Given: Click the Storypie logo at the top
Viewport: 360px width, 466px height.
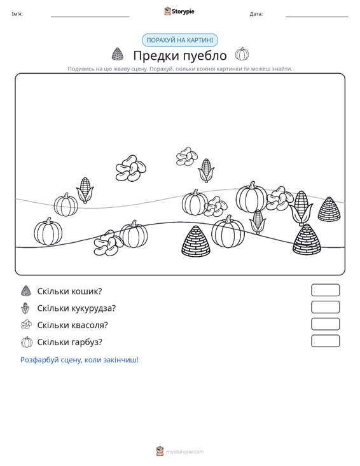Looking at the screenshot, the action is (179, 11).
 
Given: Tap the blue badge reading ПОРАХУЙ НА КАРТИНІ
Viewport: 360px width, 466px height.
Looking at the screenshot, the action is (180, 40).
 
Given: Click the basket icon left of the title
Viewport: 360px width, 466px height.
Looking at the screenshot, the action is (118, 54).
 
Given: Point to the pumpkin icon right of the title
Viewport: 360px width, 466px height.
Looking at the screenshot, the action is (242, 54).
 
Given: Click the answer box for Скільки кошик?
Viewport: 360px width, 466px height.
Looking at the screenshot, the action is (325, 290).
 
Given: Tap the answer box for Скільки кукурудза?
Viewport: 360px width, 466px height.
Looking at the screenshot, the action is (325, 307).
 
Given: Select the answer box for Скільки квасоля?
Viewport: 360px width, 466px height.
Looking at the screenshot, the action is (325, 324).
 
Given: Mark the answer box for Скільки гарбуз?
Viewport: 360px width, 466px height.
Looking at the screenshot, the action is (325, 341).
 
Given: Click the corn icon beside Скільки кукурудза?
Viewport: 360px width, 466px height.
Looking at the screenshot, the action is (25, 308).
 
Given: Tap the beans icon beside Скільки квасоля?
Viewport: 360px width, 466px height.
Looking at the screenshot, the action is (26, 324).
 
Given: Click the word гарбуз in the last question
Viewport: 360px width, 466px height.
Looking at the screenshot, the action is (85, 342).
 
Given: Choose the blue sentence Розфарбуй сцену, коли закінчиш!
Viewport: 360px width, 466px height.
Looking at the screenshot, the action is (80, 360).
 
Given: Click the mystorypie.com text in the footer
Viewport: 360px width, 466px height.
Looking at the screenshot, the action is (185, 452).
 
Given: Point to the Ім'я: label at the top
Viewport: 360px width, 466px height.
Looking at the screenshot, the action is (17, 14).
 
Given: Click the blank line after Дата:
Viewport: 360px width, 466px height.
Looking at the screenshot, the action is (317, 17).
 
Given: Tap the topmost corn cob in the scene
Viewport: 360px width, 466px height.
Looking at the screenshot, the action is (206, 170).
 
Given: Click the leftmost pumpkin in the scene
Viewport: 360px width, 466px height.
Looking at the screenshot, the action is (48, 231).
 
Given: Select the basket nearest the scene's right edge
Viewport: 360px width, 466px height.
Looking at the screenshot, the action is (329, 209).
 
